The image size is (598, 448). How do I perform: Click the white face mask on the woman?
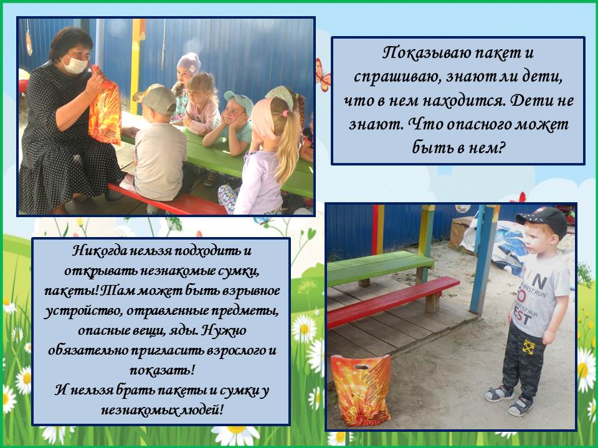coord(75,64)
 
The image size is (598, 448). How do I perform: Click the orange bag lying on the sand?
coord(361,390)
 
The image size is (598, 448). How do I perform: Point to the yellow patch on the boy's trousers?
coord(529,347)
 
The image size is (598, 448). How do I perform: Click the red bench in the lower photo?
coord(393,302)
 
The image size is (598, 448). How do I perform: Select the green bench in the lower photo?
coord(380,268)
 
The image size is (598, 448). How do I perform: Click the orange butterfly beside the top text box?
coord(323,75)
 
